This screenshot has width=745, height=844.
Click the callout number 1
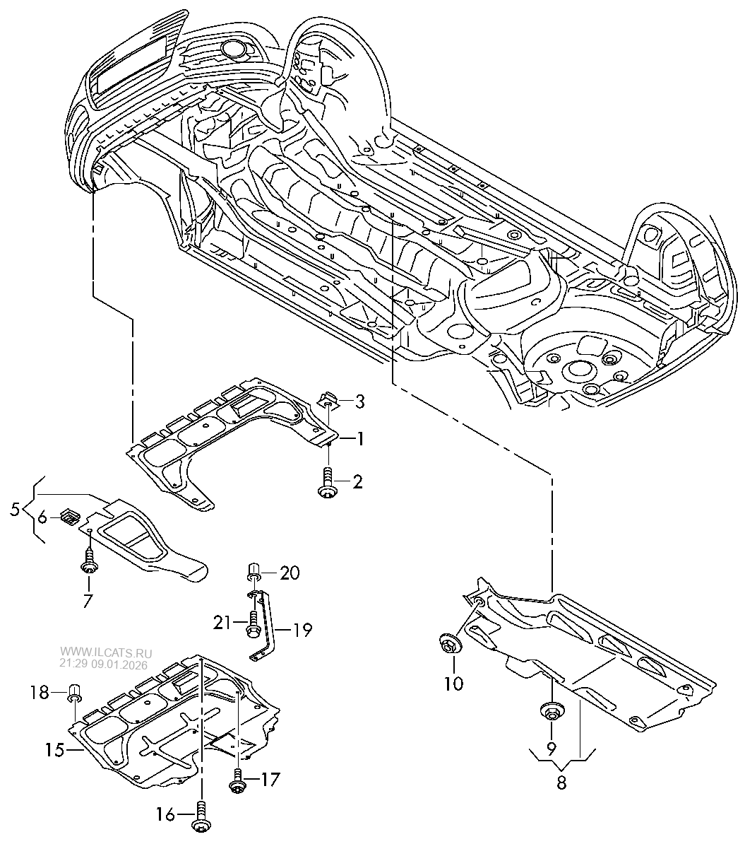point(359,440)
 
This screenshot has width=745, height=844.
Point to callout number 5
point(15,509)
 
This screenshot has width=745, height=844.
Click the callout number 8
point(561,783)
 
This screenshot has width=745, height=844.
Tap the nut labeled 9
point(550,710)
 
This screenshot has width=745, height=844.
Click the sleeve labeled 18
point(73,692)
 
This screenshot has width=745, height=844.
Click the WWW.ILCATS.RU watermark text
point(105,652)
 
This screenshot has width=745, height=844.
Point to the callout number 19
point(302,629)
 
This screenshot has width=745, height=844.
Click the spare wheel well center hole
point(579,368)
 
